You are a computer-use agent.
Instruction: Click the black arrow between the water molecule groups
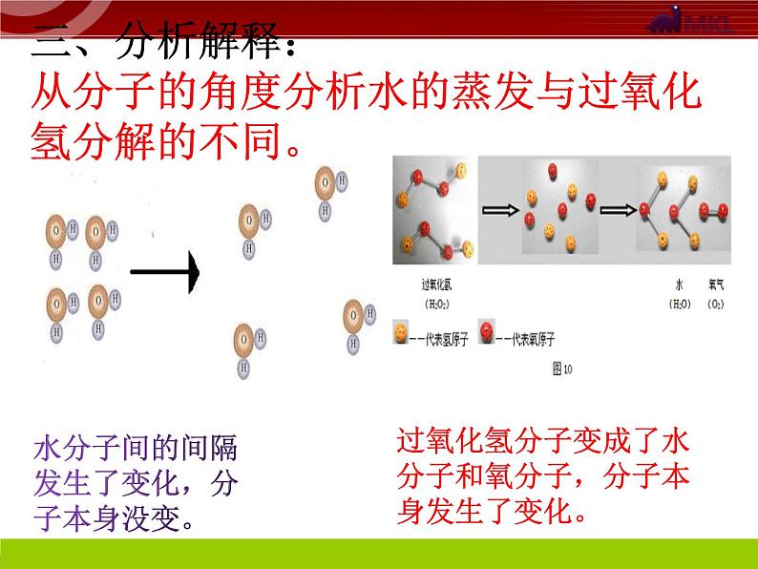[x=164, y=274]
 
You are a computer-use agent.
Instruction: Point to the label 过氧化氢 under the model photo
[x=437, y=284]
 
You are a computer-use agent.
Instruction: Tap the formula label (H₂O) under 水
[x=680, y=304]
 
